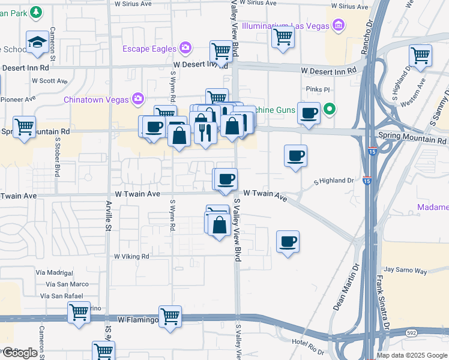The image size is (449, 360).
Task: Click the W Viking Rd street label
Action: click(132, 256)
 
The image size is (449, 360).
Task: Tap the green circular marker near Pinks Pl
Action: click(329, 109)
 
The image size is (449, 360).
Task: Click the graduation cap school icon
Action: click(38, 42)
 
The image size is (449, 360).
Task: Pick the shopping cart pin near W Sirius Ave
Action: click(282, 37)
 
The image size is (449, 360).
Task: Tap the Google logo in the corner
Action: click(19, 353)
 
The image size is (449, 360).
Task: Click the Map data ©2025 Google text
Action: click(412, 355)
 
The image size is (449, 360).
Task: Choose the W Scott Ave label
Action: click(50, 80)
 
